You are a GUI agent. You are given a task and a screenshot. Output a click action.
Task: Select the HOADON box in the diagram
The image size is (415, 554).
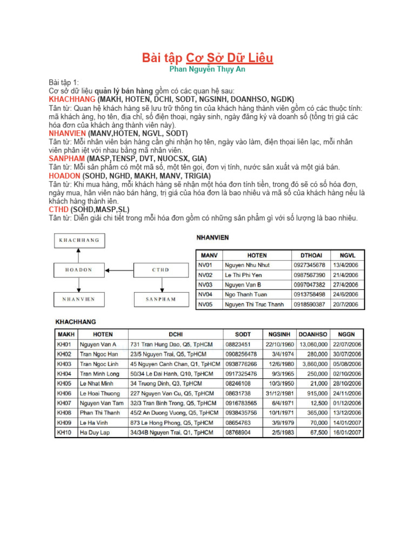(79, 269)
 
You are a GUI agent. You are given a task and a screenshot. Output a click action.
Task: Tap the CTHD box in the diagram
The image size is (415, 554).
(160, 269)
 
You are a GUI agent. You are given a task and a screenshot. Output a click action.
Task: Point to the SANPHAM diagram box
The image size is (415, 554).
(160, 299)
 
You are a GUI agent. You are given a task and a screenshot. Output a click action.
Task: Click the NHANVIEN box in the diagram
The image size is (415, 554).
(79, 299)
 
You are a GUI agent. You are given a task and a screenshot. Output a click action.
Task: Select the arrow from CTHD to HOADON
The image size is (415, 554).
(120, 269)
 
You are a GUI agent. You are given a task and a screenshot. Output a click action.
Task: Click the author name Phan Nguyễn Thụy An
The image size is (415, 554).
(207, 70)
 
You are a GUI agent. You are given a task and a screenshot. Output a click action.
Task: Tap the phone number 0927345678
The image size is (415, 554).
(309, 265)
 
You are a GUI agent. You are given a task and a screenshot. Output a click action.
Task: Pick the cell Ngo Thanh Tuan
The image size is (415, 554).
(246, 294)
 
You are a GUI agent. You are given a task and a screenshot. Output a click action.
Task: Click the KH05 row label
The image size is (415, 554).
(64, 384)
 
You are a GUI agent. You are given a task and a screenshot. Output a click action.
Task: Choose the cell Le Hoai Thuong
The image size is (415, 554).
(100, 393)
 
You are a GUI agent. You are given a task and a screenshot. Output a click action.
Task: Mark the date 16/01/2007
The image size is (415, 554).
(348, 432)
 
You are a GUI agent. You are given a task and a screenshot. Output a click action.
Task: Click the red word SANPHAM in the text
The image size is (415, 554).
(64, 159)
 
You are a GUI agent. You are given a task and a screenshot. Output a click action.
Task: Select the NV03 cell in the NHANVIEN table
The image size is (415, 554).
(206, 285)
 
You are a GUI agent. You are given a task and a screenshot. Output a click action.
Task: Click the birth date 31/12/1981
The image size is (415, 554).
(279, 393)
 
